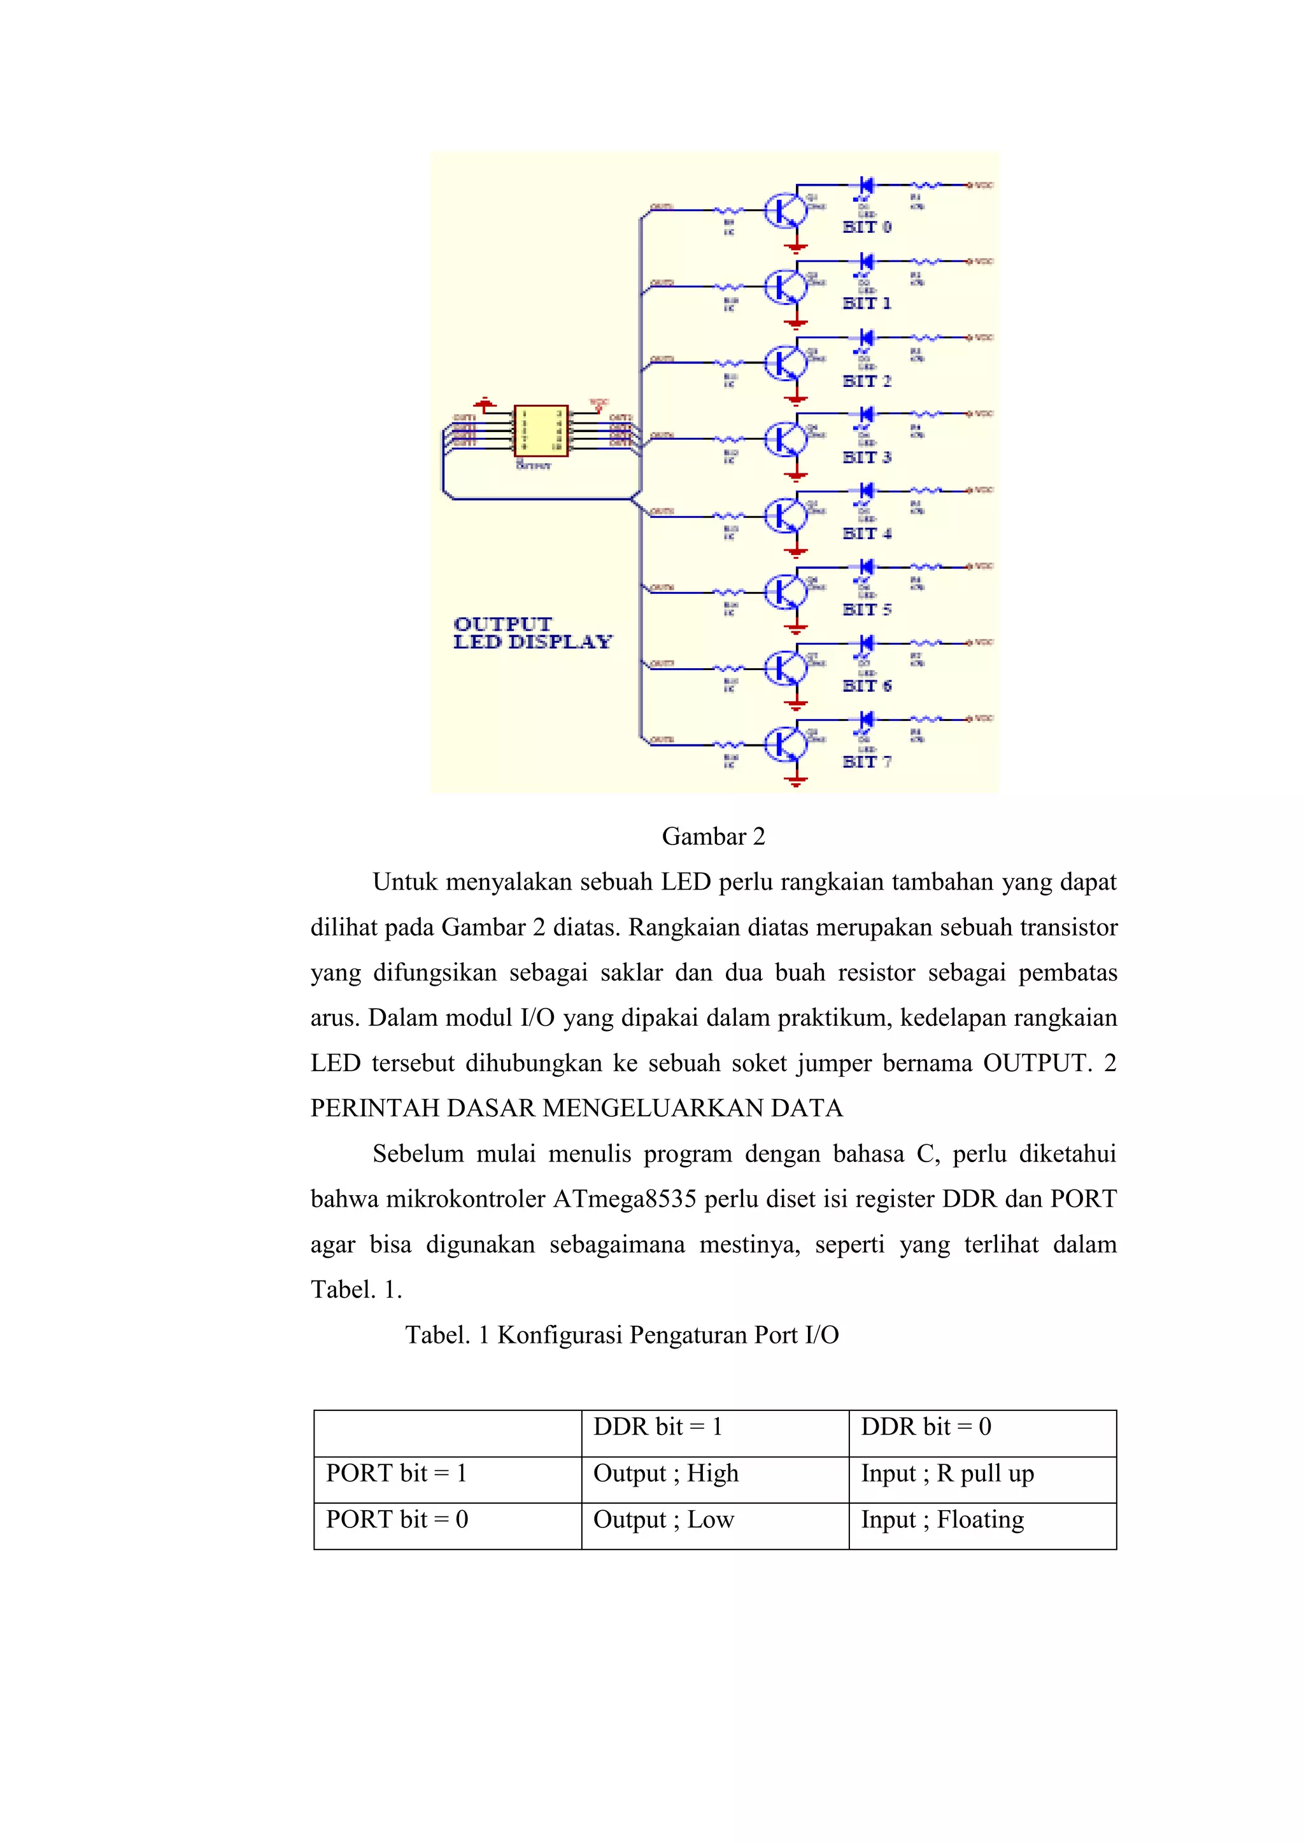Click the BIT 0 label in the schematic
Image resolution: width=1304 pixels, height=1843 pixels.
pos(867,227)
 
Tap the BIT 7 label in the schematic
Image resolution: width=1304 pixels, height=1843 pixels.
pos(867,762)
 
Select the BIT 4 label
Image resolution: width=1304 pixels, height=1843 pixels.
pos(867,533)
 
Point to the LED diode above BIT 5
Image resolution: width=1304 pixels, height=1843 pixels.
pos(865,566)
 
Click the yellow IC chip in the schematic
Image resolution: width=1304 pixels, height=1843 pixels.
pos(541,431)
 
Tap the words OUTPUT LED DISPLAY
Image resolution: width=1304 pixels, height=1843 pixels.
pos(532,633)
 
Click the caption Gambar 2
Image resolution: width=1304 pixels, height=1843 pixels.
pos(713,836)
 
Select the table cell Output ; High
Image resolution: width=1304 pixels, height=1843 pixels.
pos(665,1473)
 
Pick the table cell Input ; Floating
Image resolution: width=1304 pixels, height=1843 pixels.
pos(942,1520)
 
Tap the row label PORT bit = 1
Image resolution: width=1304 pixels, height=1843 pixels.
pos(396,1473)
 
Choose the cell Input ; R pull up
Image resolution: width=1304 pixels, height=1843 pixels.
pos(947,1473)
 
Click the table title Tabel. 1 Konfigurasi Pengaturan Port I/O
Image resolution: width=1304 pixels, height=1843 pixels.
pos(621,1335)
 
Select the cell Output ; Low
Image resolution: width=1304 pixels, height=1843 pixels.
pos(663,1520)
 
